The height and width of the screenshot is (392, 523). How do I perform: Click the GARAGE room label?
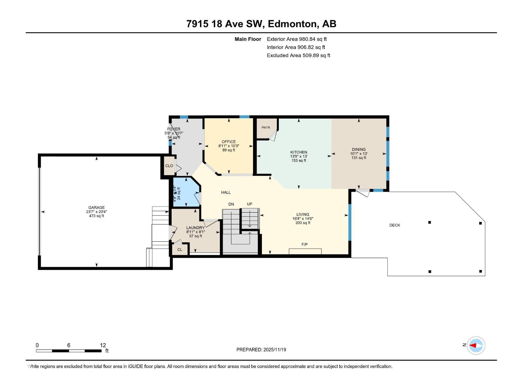(96, 207)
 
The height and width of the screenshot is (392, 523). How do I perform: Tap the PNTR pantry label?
(266, 127)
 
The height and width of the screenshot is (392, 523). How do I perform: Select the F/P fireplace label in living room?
(304, 244)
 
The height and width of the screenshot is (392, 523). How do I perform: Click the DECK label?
(395, 225)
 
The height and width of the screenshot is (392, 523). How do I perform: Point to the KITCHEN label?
(299, 152)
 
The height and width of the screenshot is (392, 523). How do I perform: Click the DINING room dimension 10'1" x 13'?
(359, 154)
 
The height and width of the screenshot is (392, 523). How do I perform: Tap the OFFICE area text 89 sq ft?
(228, 150)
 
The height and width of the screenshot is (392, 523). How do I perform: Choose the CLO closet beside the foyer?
(169, 166)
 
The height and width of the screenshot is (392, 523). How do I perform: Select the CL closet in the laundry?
(179, 250)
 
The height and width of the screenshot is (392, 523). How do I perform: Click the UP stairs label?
(249, 204)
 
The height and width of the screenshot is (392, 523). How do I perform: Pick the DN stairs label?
(231, 204)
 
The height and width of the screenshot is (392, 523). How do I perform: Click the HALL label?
(226, 192)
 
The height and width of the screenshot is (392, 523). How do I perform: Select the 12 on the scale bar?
(103, 345)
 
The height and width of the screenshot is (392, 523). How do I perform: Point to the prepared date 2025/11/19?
(275, 350)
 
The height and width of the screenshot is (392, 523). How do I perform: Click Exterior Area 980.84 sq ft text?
(296, 39)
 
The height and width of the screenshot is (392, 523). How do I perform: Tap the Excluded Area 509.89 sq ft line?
(298, 56)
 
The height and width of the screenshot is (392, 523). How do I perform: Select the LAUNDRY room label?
(195, 228)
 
